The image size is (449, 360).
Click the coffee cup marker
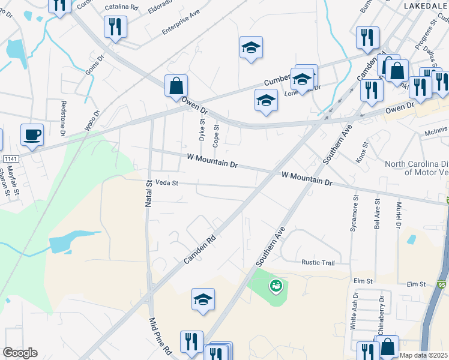[x=31, y=134]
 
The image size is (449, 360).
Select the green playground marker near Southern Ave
[x=276, y=286]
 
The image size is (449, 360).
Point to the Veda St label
[x=167, y=182]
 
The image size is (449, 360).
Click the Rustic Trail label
[x=318, y=262]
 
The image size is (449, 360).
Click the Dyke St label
[x=202, y=130]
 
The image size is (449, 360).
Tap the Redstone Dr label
[x=62, y=116]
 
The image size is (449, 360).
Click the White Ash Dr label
[x=354, y=311]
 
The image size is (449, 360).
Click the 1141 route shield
[x=10, y=158]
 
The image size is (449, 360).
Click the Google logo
[x=20, y=352]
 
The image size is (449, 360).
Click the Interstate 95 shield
[x=441, y=284]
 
